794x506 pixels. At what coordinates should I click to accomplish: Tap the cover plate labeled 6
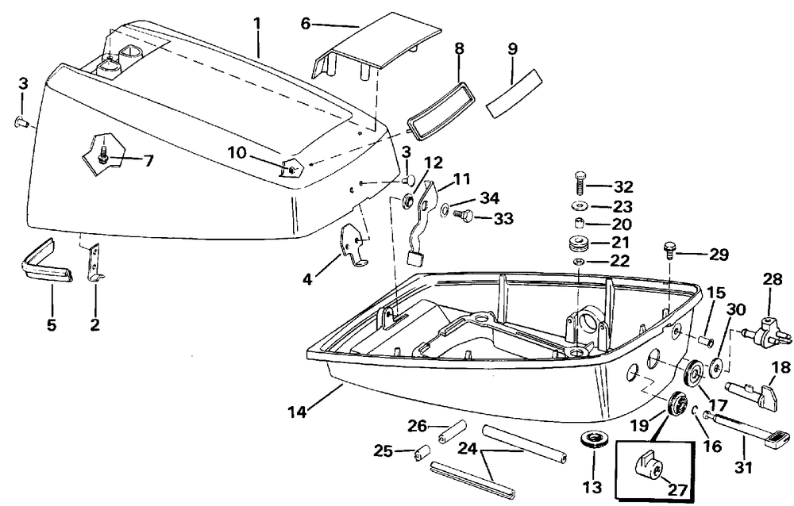tap(376, 47)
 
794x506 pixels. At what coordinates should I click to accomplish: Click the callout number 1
tap(256, 24)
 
